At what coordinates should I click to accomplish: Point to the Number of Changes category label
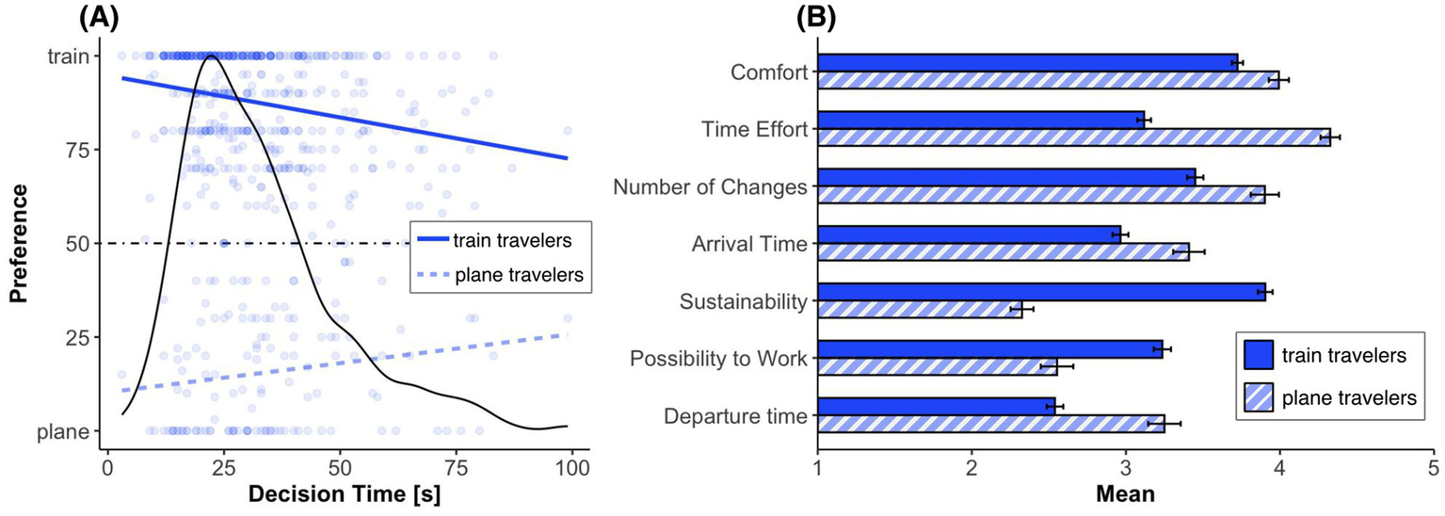(x=711, y=187)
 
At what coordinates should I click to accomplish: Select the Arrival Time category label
(x=743, y=245)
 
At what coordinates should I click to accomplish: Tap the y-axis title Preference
(x=20, y=244)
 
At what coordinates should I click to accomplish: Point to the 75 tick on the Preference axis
(x=77, y=150)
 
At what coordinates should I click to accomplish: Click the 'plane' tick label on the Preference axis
(x=70, y=432)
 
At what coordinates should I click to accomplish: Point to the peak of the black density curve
(x=209, y=56)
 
